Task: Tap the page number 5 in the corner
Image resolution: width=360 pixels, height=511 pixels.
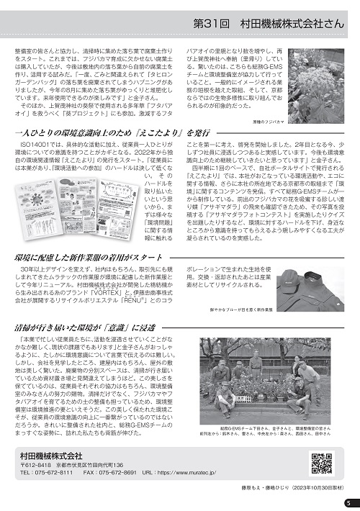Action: point(346,502)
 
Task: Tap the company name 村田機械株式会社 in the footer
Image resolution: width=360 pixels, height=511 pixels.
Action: point(51,455)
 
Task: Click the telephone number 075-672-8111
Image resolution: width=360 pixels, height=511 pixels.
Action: point(55,474)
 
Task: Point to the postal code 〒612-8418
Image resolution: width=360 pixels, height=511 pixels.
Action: point(35,465)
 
